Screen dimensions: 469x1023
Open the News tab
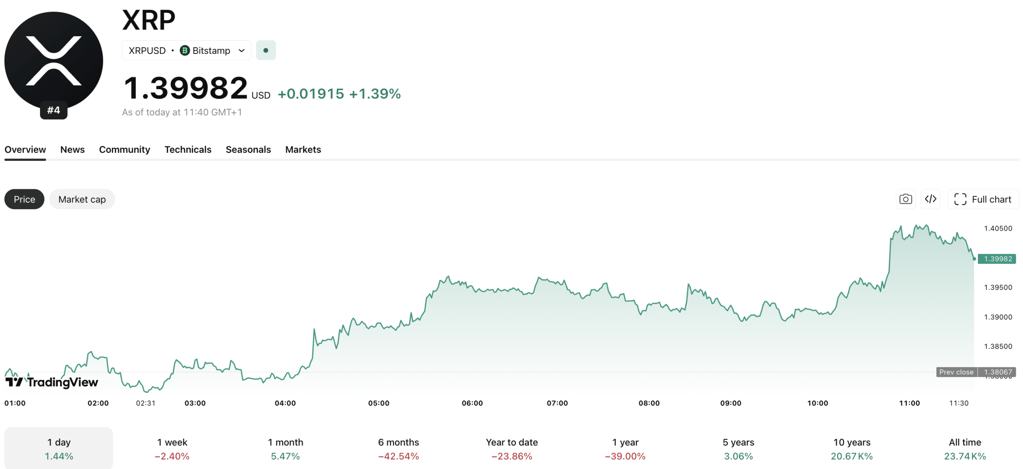(x=72, y=150)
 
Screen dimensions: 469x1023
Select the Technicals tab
(x=188, y=150)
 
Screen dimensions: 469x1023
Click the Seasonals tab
(x=248, y=150)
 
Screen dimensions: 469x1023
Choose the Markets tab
(x=303, y=150)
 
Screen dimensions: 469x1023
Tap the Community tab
(x=124, y=150)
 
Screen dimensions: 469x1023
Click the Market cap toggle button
(x=82, y=199)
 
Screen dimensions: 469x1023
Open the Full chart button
(x=983, y=199)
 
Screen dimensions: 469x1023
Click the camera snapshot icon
(x=906, y=199)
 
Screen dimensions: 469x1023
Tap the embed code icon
(x=930, y=199)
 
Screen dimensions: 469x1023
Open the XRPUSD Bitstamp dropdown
(x=186, y=51)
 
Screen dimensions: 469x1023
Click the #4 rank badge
(x=54, y=110)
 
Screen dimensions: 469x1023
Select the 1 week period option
(x=172, y=449)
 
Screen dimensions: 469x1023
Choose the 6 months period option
(x=398, y=449)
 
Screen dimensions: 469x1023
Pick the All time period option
(x=965, y=449)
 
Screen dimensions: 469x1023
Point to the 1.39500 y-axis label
(x=998, y=287)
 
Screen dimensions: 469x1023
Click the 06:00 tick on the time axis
(x=472, y=403)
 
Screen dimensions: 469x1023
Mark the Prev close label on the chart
(x=956, y=372)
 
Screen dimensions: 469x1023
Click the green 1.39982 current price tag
(x=997, y=259)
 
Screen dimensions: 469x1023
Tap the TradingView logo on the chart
(x=52, y=382)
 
